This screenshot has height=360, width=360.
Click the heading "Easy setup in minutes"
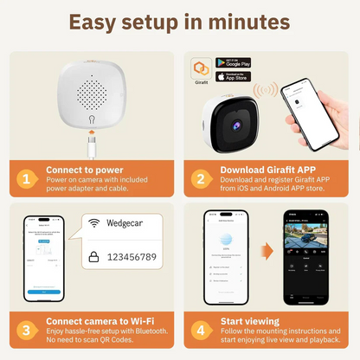pyautogui.click(x=180, y=22)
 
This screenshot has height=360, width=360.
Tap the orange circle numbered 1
pyautogui.click(x=28, y=178)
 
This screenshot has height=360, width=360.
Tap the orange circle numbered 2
pyautogui.click(x=200, y=178)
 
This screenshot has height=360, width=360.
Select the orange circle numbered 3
pyautogui.click(x=28, y=329)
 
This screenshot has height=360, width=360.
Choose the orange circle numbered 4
pyautogui.click(x=200, y=329)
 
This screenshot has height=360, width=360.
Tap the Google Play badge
pyautogui.click(x=234, y=63)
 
